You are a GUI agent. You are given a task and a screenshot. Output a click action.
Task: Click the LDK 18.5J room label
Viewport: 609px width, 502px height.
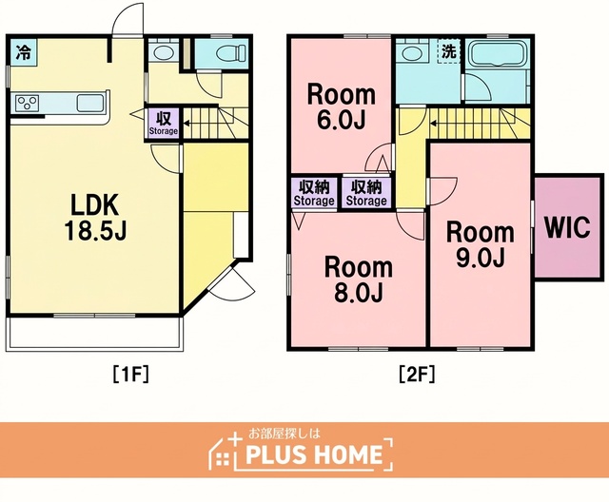point(95,218)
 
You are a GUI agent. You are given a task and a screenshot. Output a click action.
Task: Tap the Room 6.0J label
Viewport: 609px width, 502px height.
point(342,107)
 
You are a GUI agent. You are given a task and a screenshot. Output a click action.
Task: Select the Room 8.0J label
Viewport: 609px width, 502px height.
point(359,280)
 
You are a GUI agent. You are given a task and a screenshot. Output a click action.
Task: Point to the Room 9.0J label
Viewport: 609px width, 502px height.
point(481,244)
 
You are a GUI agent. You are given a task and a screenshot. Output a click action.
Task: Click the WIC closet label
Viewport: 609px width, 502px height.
point(567,227)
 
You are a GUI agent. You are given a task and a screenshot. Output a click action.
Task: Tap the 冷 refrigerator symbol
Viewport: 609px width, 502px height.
point(23,52)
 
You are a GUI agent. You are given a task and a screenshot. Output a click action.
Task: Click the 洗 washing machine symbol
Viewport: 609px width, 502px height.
point(449,50)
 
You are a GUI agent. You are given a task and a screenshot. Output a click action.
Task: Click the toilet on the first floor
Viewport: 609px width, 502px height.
point(230,52)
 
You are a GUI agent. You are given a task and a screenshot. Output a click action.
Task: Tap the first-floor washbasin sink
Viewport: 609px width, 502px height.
point(164,52)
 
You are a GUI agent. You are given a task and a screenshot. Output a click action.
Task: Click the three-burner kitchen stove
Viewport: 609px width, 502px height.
point(28,104)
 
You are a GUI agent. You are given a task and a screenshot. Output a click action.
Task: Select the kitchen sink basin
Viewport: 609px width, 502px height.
point(90,104)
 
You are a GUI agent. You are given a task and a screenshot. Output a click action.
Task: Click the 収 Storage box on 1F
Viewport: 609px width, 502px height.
point(164,123)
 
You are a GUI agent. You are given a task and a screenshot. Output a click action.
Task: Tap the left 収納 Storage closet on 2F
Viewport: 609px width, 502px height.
point(314,193)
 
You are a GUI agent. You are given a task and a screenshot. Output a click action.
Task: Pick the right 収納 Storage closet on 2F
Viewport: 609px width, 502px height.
point(366,193)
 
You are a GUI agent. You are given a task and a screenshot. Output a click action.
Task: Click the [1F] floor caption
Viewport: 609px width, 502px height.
point(131,375)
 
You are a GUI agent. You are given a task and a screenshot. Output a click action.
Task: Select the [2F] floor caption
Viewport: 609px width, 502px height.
point(417,375)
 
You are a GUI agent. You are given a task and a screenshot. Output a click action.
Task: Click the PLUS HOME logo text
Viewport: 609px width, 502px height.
point(314,454)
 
